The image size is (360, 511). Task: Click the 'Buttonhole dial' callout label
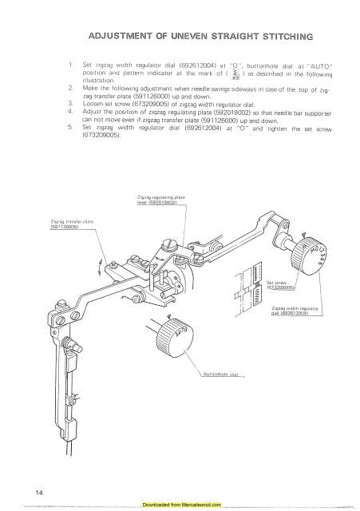[218, 395]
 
